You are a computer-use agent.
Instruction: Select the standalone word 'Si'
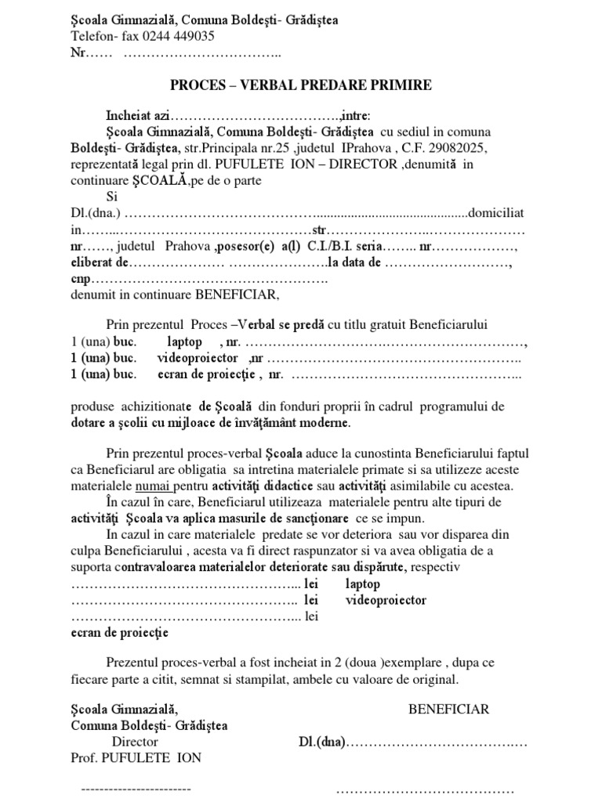114,197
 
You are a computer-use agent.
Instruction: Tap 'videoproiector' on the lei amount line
386,600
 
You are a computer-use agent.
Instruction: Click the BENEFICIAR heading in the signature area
449,709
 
